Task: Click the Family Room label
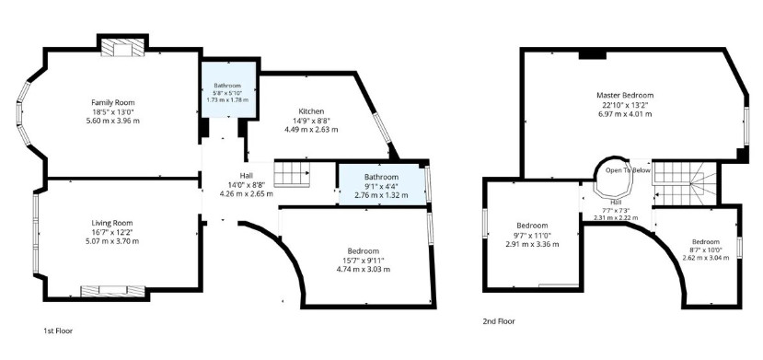click(113, 102)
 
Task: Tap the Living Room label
click(112, 224)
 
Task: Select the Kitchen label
click(311, 111)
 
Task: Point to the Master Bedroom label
click(625, 96)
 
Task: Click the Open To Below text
click(628, 170)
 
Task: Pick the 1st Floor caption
click(58, 331)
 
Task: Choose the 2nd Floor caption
click(499, 321)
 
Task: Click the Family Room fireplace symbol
click(122, 48)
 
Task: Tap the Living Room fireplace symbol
click(113, 291)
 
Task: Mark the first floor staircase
click(292, 174)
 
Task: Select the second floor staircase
click(685, 184)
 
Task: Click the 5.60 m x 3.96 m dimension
click(113, 121)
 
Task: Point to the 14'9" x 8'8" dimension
click(311, 121)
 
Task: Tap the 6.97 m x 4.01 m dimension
click(625, 114)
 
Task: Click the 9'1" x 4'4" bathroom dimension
click(381, 186)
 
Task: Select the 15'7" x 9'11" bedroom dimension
click(364, 261)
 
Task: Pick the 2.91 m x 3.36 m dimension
click(532, 244)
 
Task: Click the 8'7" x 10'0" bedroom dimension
click(706, 250)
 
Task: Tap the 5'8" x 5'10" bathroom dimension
click(227, 92)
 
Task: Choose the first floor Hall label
click(247, 175)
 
